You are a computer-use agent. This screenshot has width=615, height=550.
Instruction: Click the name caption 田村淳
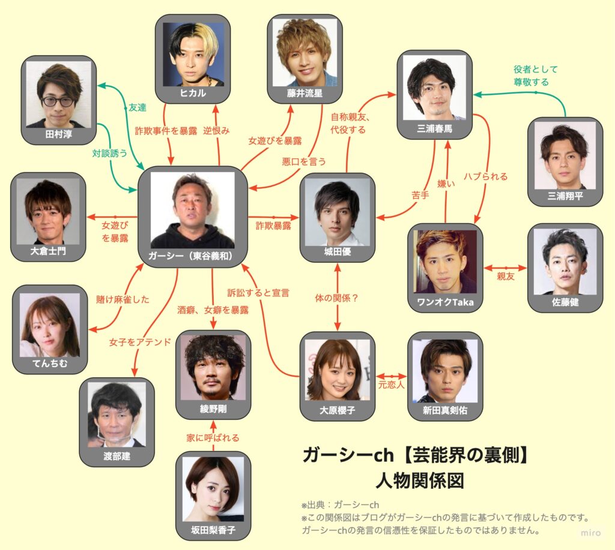point(59,135)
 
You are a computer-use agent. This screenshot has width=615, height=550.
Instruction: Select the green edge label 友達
point(137,107)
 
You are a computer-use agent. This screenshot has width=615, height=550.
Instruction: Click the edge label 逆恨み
point(216,130)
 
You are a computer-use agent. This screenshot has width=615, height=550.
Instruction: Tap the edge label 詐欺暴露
point(274,226)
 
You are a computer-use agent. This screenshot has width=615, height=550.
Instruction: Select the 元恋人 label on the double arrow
point(390,384)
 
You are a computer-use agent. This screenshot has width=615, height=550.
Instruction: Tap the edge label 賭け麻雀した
point(123,299)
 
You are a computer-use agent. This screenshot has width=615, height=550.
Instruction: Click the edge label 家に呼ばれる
point(213,437)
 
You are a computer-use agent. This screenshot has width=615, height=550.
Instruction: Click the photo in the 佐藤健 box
point(565,262)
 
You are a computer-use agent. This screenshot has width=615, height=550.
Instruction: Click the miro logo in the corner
point(591,533)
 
